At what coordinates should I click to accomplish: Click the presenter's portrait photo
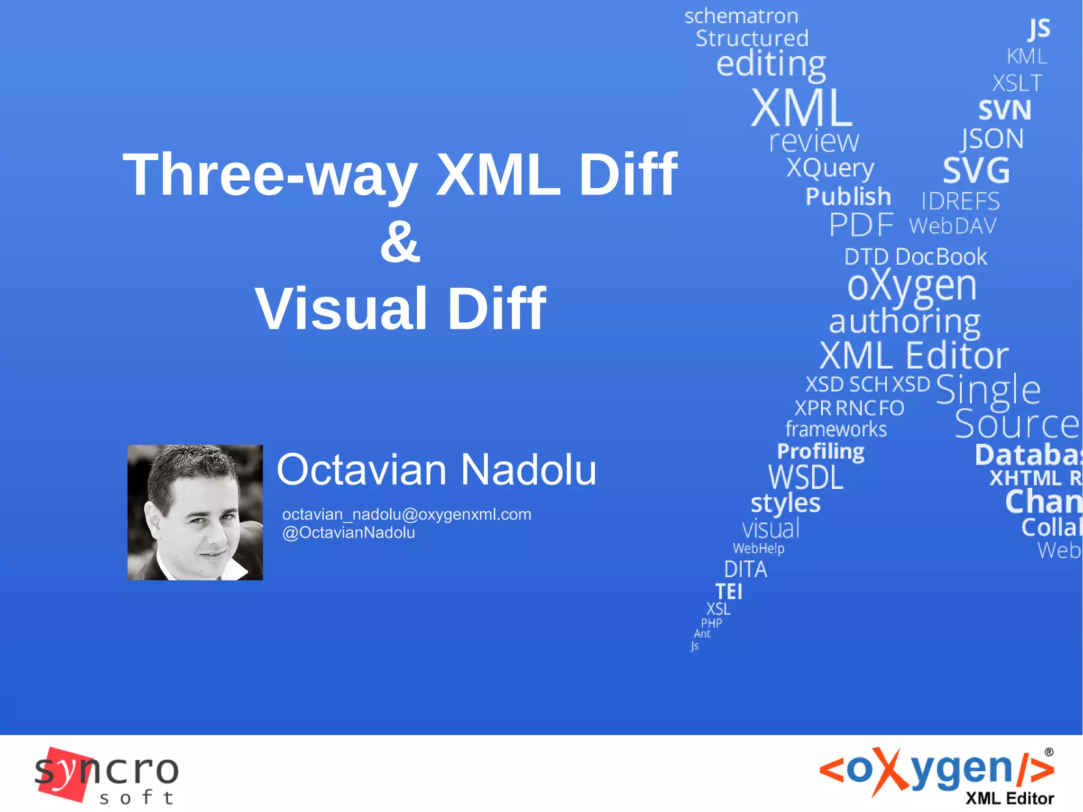(195, 512)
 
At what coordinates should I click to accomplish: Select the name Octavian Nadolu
(436, 470)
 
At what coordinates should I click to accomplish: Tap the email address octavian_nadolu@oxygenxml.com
(407, 514)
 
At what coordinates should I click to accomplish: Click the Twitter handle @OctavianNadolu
(348, 533)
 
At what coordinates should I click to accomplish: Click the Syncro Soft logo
(106, 775)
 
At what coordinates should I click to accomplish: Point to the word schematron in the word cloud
(741, 16)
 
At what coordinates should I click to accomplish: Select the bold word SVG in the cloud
(976, 170)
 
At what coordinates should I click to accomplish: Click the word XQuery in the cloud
(830, 168)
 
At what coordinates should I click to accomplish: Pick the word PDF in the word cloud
(861, 225)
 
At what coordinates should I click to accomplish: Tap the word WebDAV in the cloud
(952, 226)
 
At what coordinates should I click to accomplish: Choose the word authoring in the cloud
(904, 321)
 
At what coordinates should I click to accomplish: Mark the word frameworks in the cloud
(836, 429)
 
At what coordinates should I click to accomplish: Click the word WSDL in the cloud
(805, 478)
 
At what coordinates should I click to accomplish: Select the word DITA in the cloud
(745, 570)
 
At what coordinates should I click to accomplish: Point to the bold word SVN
(1004, 111)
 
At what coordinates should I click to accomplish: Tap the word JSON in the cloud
(993, 139)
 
